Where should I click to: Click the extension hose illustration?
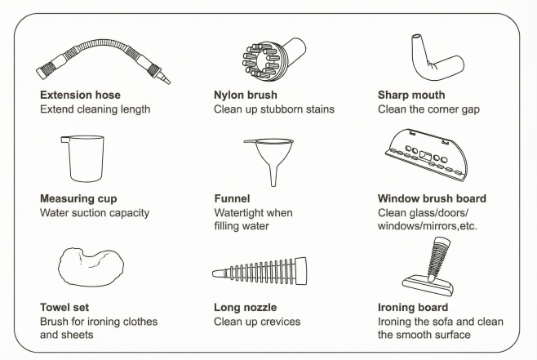103,61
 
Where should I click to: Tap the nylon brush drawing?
274,57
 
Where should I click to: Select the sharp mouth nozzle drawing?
437,57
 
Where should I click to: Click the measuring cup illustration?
82,158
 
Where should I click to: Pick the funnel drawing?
268,162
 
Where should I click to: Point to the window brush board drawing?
426,155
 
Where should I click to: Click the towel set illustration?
91,267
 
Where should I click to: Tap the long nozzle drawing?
260,272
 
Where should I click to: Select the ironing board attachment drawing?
428,266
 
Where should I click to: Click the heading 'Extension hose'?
80,95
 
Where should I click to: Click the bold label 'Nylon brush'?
246,95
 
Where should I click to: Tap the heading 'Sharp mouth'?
411,95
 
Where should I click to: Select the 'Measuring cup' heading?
78,198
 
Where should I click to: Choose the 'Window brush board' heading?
432,198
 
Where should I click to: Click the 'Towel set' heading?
64,307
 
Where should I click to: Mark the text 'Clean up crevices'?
257,322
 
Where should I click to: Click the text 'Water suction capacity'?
95,213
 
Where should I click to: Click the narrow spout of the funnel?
273,176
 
